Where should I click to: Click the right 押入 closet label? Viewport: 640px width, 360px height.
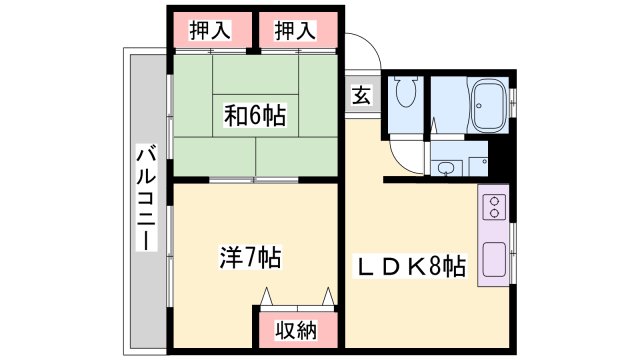296,30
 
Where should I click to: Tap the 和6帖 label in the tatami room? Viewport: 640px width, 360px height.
254,117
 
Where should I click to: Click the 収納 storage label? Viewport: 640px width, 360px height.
296,328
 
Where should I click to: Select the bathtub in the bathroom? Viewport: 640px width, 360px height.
489,103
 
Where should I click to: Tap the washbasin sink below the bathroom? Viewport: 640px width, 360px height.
447,166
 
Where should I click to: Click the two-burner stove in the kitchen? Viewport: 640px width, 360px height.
495,208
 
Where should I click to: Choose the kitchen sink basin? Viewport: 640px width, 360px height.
494,261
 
